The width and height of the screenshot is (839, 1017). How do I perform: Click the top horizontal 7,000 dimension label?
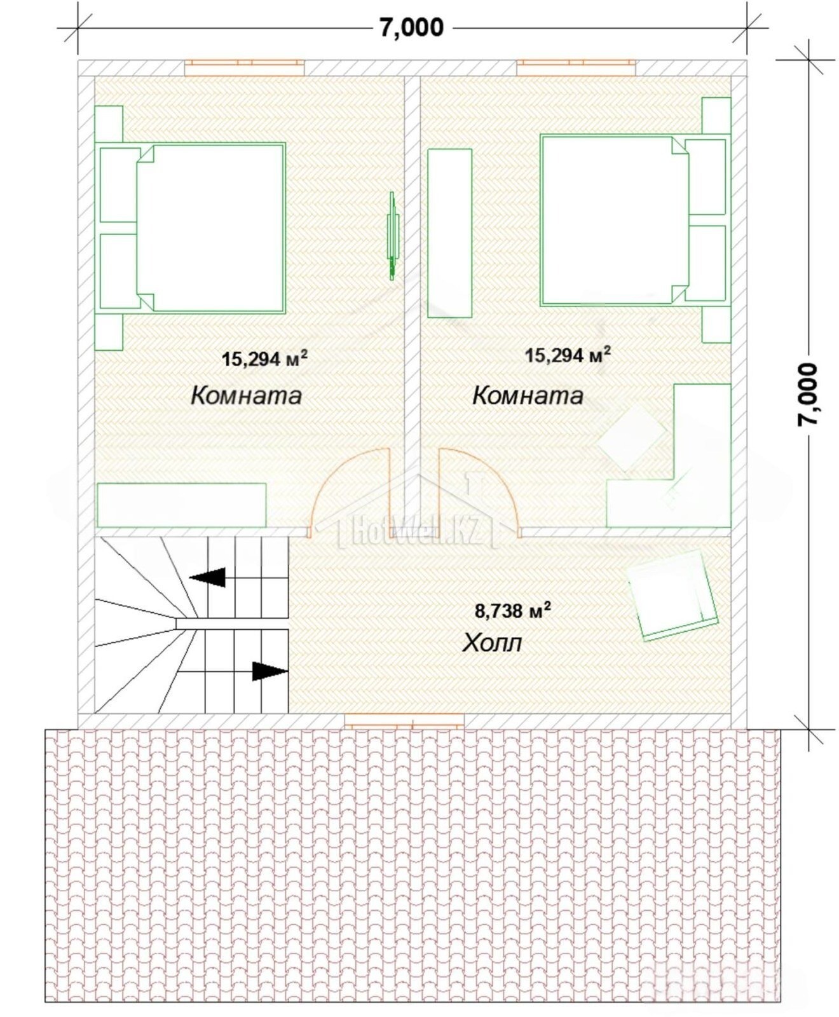pos(412,28)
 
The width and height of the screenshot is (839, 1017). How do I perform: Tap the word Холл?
pos(492,643)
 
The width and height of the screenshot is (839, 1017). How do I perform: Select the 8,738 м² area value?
pos(513,610)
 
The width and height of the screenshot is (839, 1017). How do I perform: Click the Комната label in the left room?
pos(246,395)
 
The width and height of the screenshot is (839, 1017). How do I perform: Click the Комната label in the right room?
pos(528,395)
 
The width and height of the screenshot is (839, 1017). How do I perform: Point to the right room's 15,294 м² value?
pos(568,354)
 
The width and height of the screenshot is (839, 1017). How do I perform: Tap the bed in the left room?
pos(210,228)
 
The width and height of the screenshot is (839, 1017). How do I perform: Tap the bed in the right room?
pos(615,221)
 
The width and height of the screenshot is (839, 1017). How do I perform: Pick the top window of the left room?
pos(244,67)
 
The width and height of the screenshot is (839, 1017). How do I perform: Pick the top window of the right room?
pos(576,67)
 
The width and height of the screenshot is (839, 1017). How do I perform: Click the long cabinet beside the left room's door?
pos(181,505)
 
